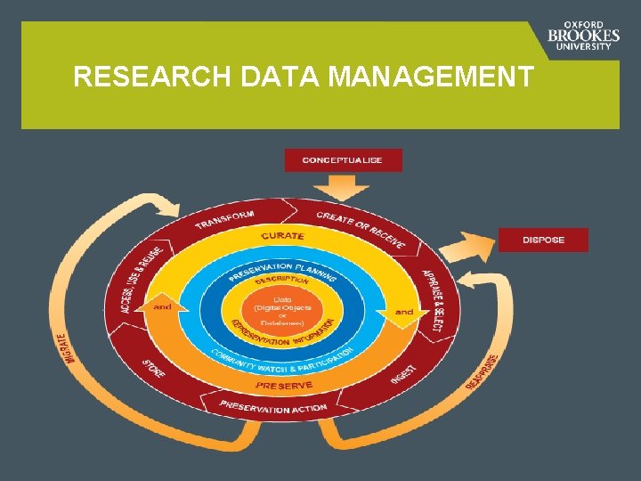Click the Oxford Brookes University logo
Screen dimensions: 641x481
[x=584, y=37]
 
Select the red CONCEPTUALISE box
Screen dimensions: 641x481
[x=343, y=160]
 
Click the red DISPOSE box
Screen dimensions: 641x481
[x=543, y=240]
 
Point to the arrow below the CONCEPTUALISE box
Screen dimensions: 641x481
[x=342, y=186]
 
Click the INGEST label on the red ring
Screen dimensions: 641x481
[x=403, y=373]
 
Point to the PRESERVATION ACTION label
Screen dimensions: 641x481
[x=273, y=407]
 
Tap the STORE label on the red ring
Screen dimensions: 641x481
[x=154, y=367]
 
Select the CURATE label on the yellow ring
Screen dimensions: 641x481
[x=282, y=236]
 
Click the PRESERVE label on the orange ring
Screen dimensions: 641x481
[x=284, y=386]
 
